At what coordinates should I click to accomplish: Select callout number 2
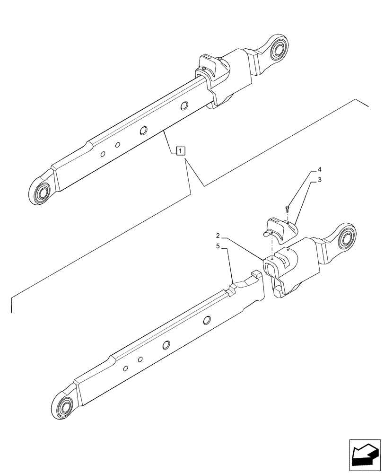[217, 236]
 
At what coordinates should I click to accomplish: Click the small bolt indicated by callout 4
[288, 207]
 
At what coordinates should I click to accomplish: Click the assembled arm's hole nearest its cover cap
[185, 106]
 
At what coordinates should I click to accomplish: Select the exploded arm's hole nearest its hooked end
[207, 320]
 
